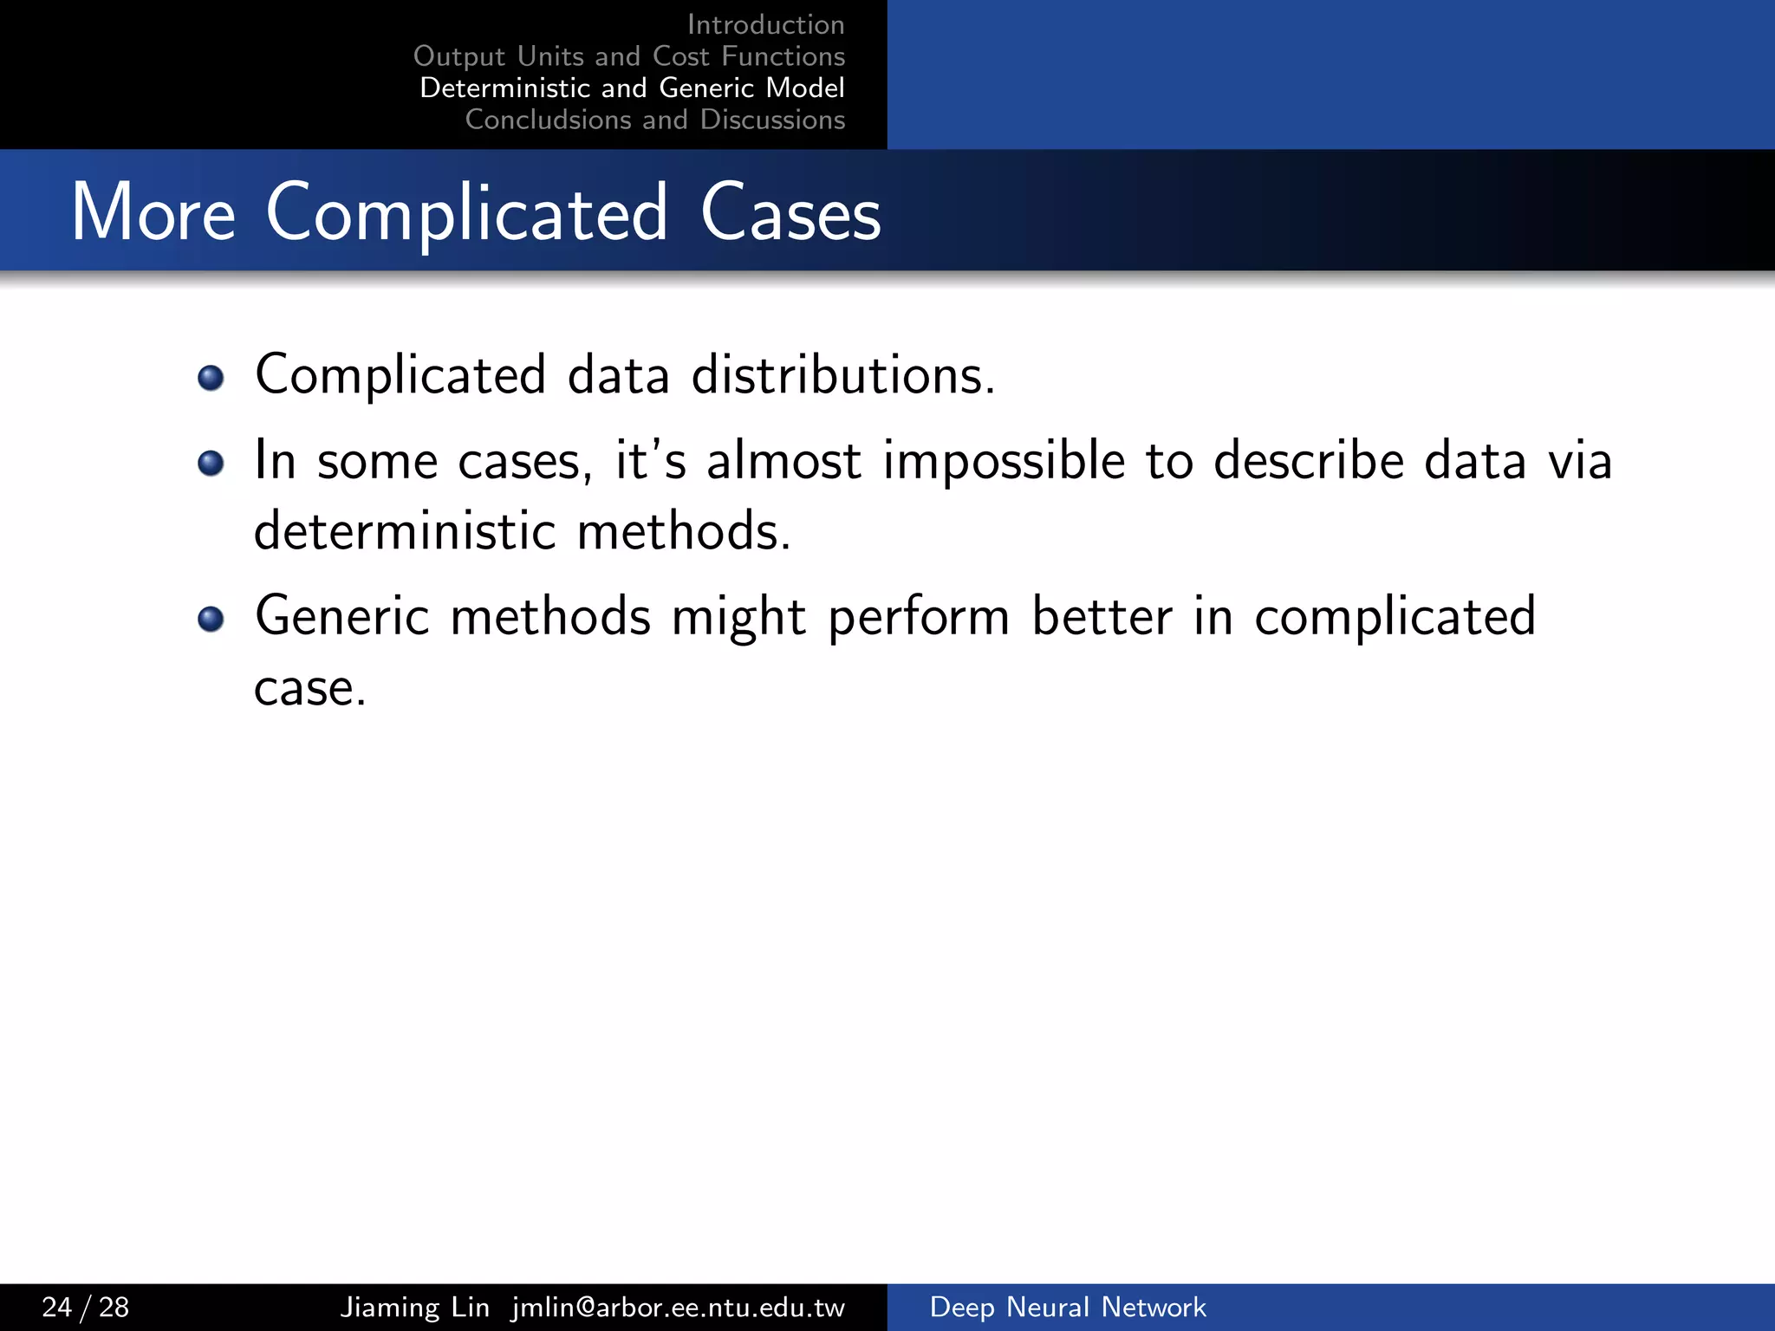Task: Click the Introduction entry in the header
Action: (x=765, y=25)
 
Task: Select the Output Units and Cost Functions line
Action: (x=629, y=56)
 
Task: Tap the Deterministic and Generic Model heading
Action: (x=632, y=88)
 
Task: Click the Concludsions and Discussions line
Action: (x=654, y=120)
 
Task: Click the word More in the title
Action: (x=153, y=212)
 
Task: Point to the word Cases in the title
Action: (x=790, y=212)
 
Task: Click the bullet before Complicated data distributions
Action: (x=211, y=378)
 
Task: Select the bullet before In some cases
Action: (x=211, y=464)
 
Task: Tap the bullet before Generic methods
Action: (x=211, y=619)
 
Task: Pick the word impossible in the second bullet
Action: (x=1004, y=461)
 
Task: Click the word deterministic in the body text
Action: (x=405, y=530)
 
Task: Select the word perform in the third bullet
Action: (x=919, y=618)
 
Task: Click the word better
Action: (x=1102, y=616)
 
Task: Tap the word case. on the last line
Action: (x=310, y=689)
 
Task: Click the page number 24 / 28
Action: (x=86, y=1307)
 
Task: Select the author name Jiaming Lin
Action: (x=414, y=1307)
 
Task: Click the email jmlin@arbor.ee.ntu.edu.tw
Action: (x=678, y=1307)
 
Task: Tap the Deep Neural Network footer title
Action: (x=1067, y=1307)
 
